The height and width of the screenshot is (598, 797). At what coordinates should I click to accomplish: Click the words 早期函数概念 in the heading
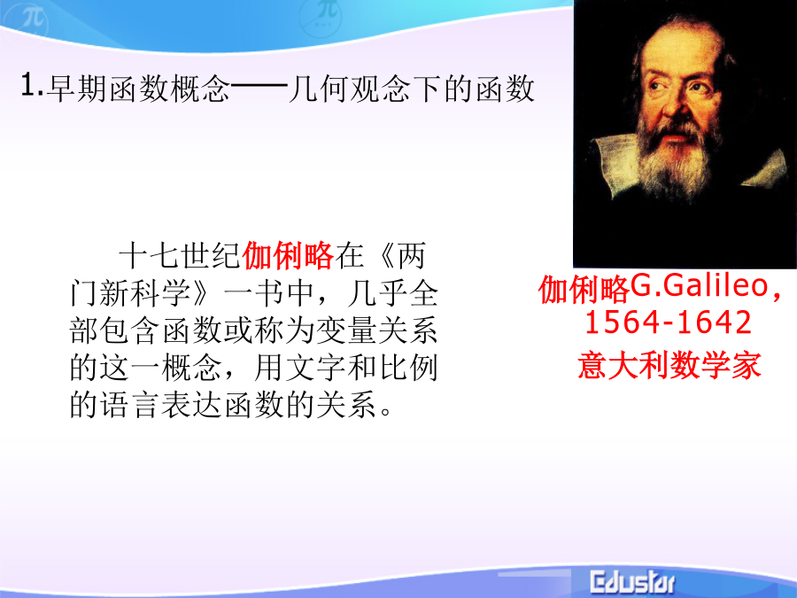click(x=138, y=89)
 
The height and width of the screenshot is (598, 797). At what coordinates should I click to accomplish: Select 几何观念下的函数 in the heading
click(x=411, y=89)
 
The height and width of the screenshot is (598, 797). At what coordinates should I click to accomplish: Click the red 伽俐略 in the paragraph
click(x=288, y=256)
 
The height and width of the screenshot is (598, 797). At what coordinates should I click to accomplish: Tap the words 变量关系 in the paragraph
click(x=376, y=330)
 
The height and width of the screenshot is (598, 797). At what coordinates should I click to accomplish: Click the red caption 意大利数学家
click(x=669, y=366)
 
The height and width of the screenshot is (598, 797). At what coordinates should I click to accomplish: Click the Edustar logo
click(x=632, y=582)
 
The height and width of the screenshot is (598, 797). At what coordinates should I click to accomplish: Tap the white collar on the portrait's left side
click(x=614, y=164)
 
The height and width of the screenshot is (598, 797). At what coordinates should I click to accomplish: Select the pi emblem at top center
click(x=321, y=15)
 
